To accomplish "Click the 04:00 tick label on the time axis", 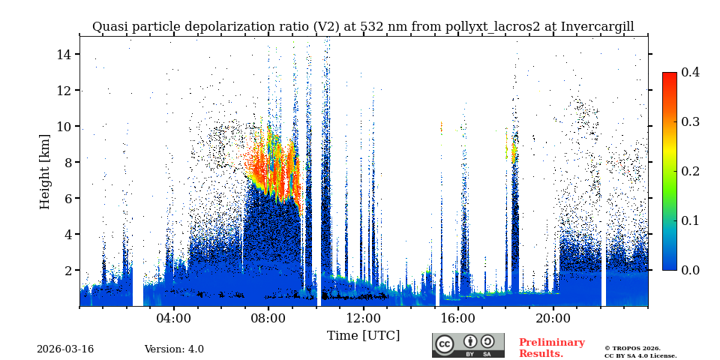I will (173, 318).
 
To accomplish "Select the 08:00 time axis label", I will (268, 318).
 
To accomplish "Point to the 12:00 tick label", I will (363, 318).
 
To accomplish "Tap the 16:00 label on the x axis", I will (458, 318).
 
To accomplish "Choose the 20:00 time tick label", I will (553, 318).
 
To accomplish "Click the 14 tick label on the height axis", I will (63, 54).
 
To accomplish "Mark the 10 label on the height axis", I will (63, 126).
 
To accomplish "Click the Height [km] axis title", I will (45, 171).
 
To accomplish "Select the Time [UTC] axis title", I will (363, 335).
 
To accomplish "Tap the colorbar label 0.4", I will (690, 72).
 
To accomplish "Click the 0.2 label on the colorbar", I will (690, 171).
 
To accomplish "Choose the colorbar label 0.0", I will (690, 270).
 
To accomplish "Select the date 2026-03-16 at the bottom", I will (65, 349).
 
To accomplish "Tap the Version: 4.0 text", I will (174, 349).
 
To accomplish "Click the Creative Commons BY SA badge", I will (468, 345).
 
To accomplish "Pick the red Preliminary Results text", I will (551, 348).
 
